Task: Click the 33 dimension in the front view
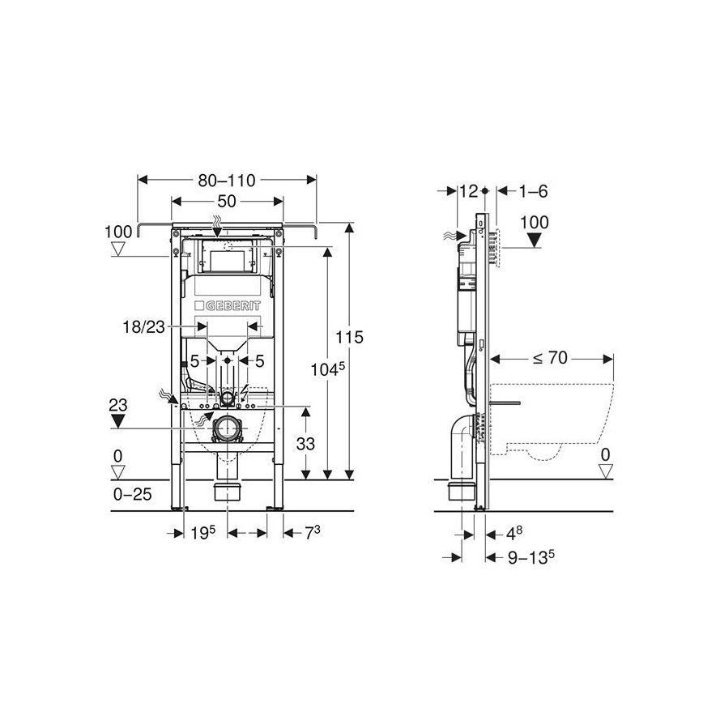(306, 444)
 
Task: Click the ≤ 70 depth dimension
(551, 356)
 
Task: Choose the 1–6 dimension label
(532, 191)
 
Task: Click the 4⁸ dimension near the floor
(513, 534)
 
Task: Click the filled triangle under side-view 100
(534, 241)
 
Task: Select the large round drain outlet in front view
(228, 428)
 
